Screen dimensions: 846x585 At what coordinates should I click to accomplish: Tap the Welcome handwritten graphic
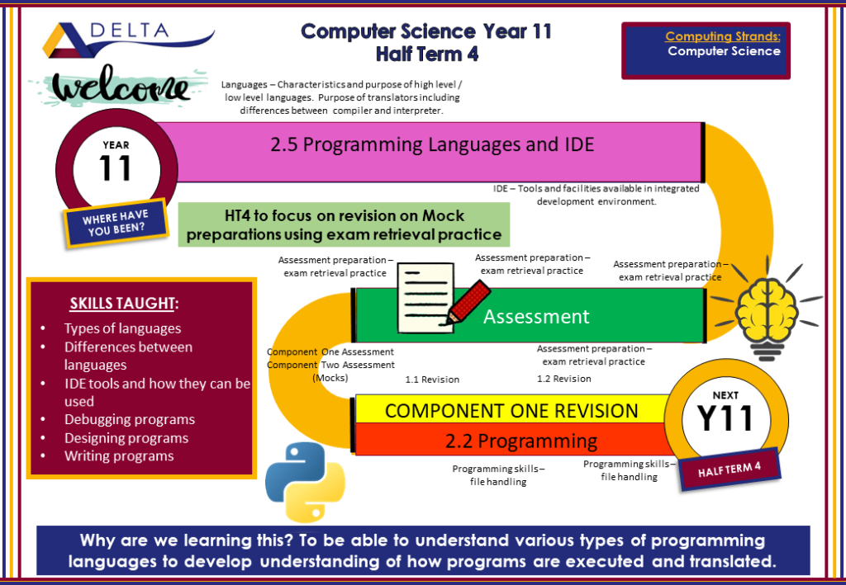(121, 86)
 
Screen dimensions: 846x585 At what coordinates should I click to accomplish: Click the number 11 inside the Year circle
(116, 168)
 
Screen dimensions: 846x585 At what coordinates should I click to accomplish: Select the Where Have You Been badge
(116, 223)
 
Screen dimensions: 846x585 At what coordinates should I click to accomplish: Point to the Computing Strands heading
(722, 36)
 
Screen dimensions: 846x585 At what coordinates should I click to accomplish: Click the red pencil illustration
(468, 302)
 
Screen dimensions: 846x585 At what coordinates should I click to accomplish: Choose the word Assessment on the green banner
(535, 317)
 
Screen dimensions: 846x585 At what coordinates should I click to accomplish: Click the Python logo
(305, 482)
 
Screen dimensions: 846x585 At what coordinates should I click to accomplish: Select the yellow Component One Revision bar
(511, 410)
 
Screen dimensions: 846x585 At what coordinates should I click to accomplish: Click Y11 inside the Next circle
(725, 418)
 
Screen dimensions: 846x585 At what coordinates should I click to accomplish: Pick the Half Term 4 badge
(730, 469)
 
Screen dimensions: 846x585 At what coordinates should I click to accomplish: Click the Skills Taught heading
(124, 304)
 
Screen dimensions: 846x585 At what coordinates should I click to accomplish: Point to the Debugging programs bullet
(130, 420)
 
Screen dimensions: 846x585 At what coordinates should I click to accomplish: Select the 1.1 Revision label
(432, 380)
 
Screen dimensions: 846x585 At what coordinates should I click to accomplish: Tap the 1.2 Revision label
(563, 379)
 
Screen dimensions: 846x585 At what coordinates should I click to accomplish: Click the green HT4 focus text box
(344, 224)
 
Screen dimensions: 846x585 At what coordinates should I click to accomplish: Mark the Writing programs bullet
(119, 456)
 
